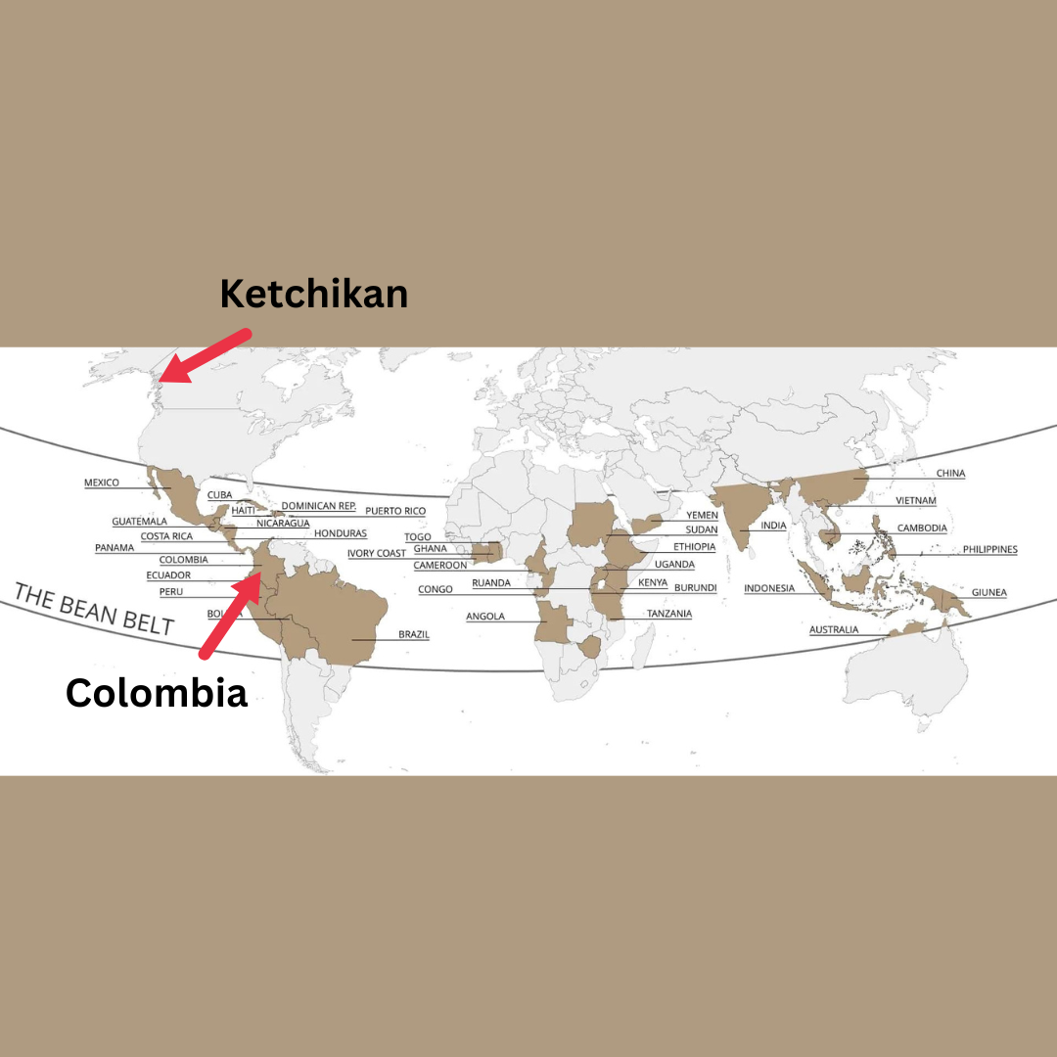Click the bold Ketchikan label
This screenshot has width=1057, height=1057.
[x=313, y=294]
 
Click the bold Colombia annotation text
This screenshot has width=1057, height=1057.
[x=157, y=693]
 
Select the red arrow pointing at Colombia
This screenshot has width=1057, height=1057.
[x=229, y=617]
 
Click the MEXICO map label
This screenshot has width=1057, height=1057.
[x=102, y=483]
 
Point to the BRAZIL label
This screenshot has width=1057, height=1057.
[x=413, y=634]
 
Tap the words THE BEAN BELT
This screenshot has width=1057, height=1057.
[x=93, y=609]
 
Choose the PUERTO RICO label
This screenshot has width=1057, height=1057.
[x=395, y=511]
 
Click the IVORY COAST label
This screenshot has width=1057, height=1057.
[x=377, y=554]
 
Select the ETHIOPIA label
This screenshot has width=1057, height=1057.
[x=694, y=546]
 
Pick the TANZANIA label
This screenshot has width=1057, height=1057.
[x=669, y=614]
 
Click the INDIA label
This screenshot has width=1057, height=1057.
[x=773, y=526]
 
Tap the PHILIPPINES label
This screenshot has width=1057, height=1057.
[x=989, y=550]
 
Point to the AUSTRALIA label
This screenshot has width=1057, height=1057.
[x=834, y=629]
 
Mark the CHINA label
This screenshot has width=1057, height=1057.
[x=950, y=474]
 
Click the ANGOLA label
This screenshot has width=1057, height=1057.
[x=485, y=616]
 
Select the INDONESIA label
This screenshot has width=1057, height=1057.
[x=769, y=588]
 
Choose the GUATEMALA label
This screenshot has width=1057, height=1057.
[x=139, y=522]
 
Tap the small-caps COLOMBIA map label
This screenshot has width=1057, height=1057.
[x=184, y=560]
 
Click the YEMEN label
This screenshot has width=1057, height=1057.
[x=702, y=515]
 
